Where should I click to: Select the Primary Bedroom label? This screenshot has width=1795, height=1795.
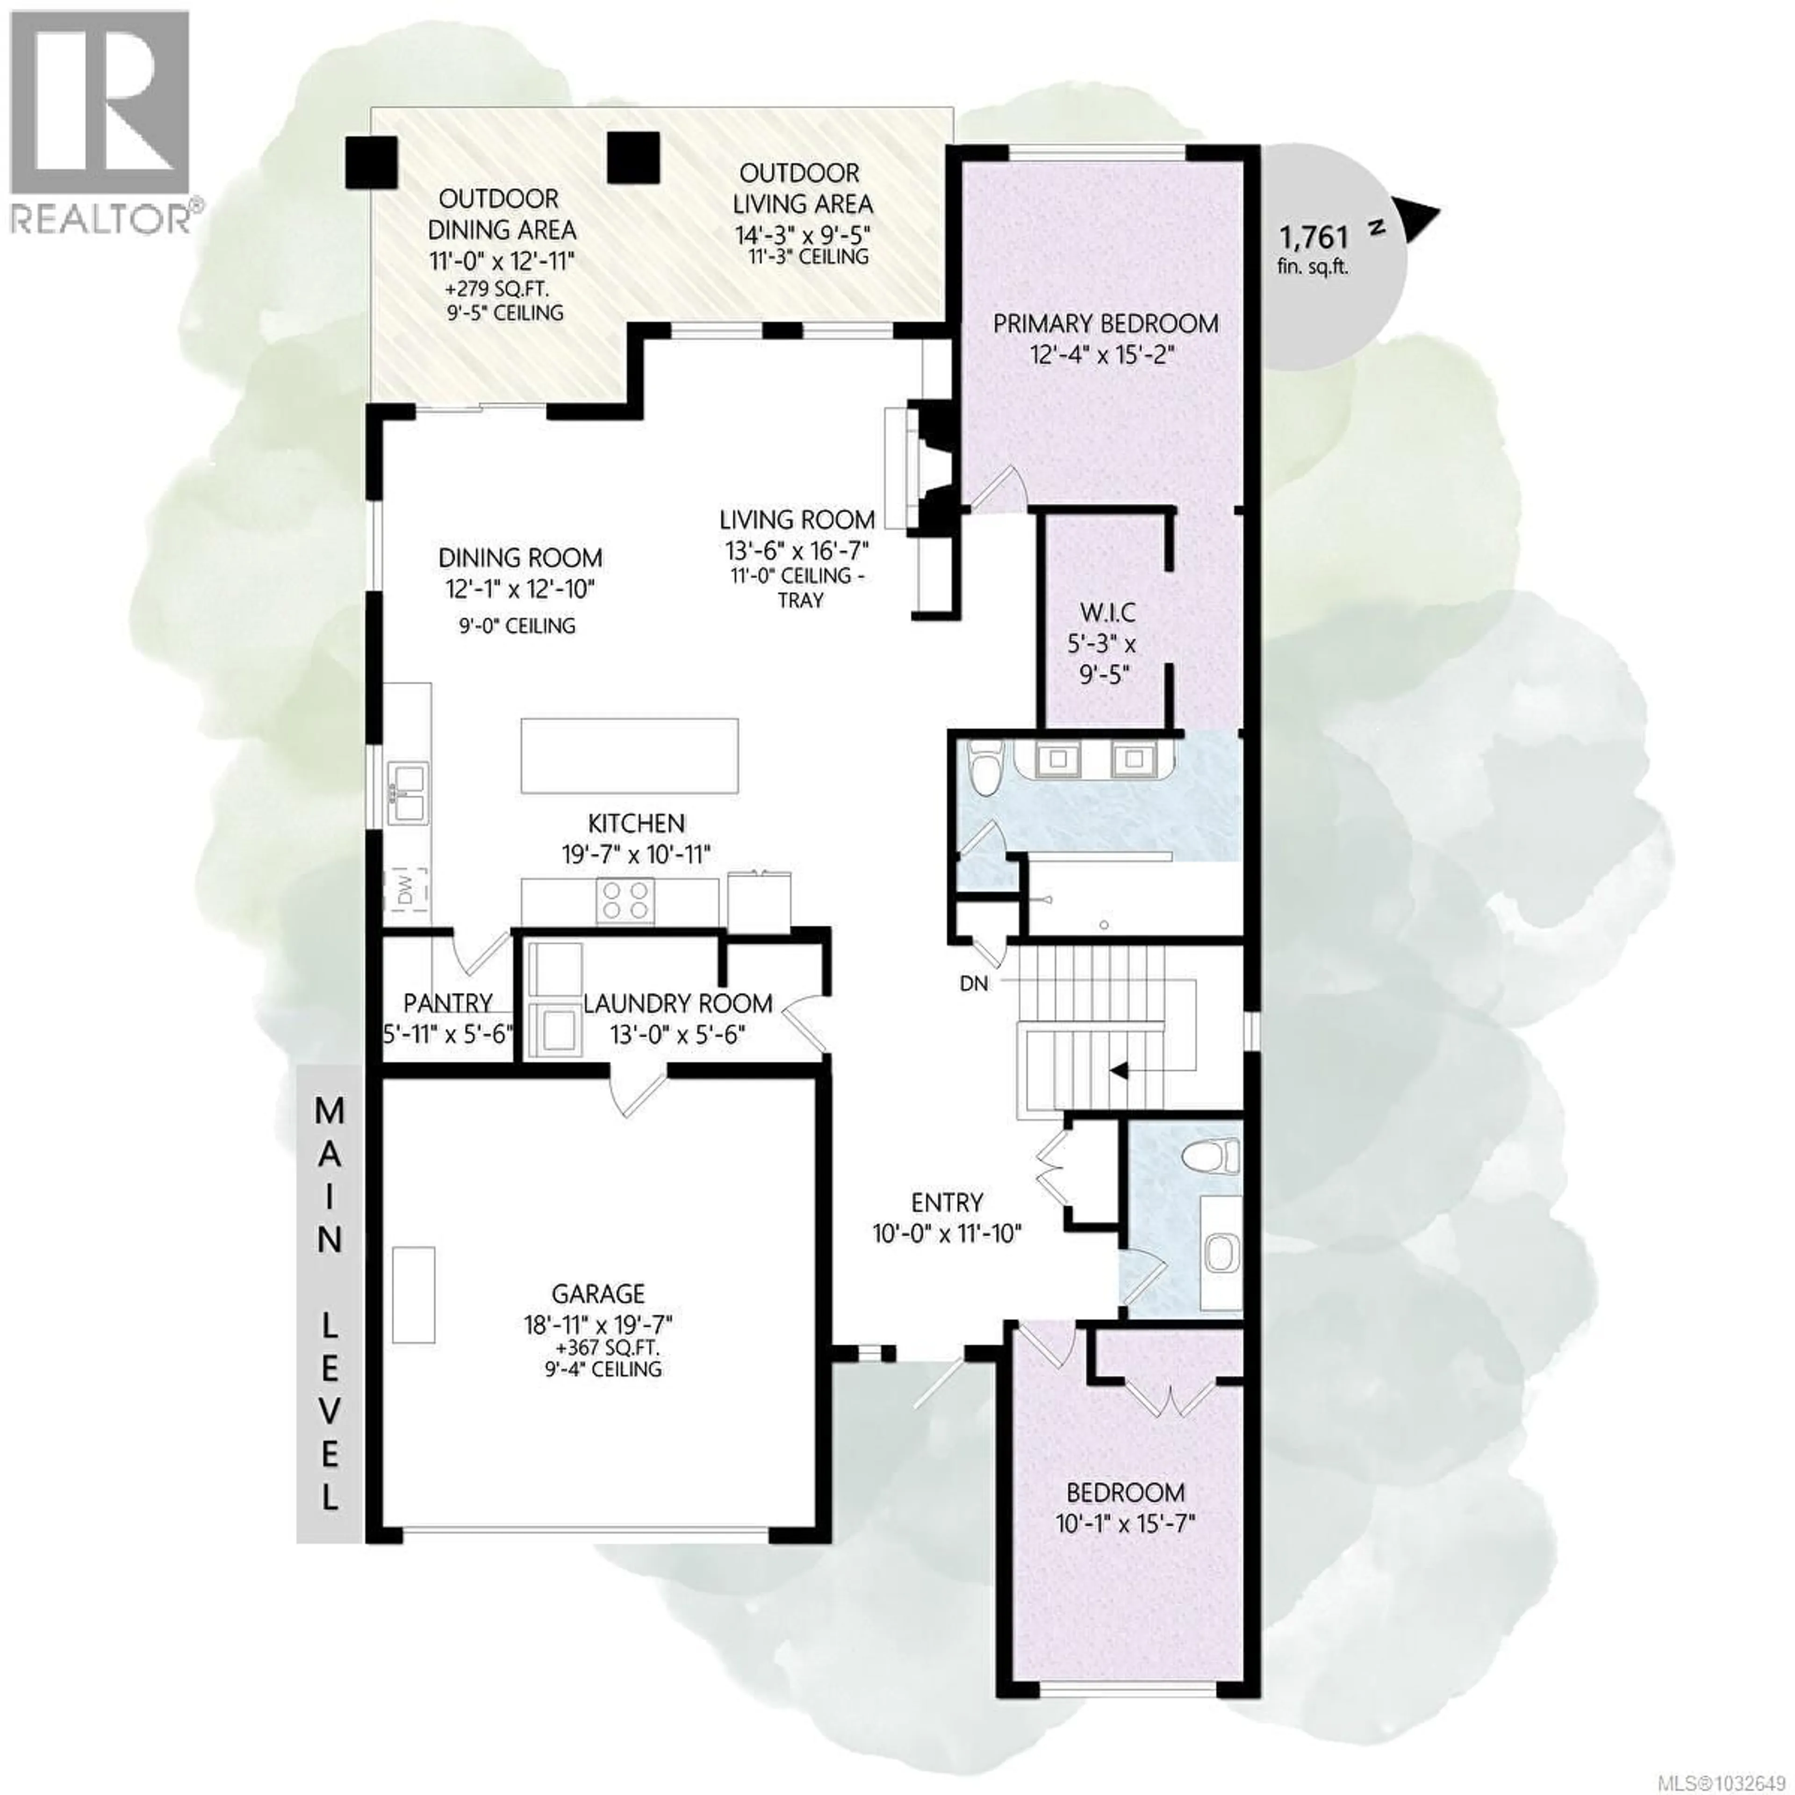tap(1106, 324)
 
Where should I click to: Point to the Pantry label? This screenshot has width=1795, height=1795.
tap(448, 1004)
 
